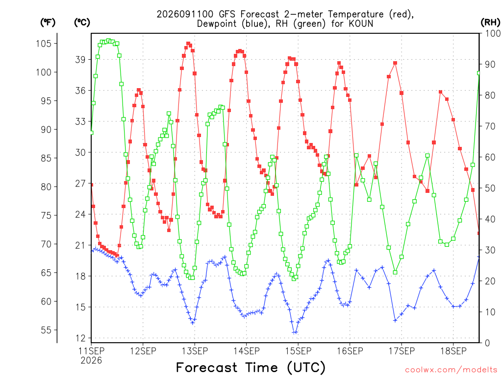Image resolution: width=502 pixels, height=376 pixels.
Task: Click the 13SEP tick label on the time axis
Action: (x=195, y=351)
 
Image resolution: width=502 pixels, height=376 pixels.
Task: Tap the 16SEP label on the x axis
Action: (x=350, y=351)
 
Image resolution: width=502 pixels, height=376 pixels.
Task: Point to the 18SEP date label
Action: (x=453, y=351)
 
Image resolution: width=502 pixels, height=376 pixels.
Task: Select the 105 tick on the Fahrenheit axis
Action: (x=44, y=44)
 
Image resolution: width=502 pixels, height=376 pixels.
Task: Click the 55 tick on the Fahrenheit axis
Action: (x=47, y=330)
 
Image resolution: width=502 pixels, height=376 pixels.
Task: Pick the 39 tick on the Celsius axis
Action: (x=81, y=59)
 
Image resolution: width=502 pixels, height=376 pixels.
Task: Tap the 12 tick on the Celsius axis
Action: (x=81, y=338)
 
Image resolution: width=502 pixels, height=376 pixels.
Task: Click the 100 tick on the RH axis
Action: (x=492, y=33)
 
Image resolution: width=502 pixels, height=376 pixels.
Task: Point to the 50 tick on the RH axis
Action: (x=490, y=188)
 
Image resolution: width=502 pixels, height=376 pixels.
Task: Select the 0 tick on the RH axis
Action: (x=487, y=343)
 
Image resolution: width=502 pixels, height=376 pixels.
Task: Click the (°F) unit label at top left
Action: (x=48, y=23)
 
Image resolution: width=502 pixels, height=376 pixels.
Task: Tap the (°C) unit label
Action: (x=82, y=23)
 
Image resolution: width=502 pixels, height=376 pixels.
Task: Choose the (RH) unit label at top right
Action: (x=490, y=23)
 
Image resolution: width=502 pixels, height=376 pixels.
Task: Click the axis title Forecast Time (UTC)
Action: (x=251, y=367)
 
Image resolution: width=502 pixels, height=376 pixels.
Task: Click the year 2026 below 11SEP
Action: (x=91, y=360)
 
